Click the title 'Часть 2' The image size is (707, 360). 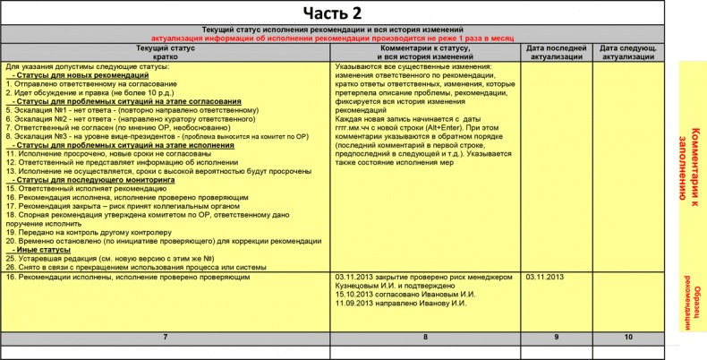point(331,13)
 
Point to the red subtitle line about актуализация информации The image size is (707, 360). point(345,39)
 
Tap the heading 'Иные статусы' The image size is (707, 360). point(41,249)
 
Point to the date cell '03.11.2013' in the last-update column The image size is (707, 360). point(546,277)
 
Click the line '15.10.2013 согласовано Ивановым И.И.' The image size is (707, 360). point(405,295)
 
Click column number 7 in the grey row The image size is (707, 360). point(166,337)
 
